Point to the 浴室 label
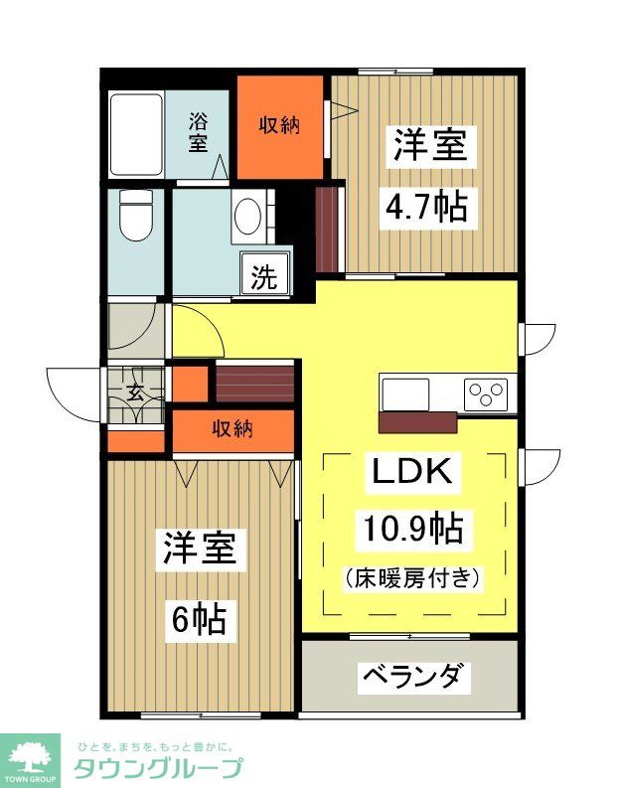click(200, 133)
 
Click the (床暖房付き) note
click(412, 575)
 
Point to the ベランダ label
click(410, 678)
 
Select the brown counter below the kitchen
click(417, 422)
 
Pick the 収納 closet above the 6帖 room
click(233, 429)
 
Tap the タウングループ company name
click(158, 768)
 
